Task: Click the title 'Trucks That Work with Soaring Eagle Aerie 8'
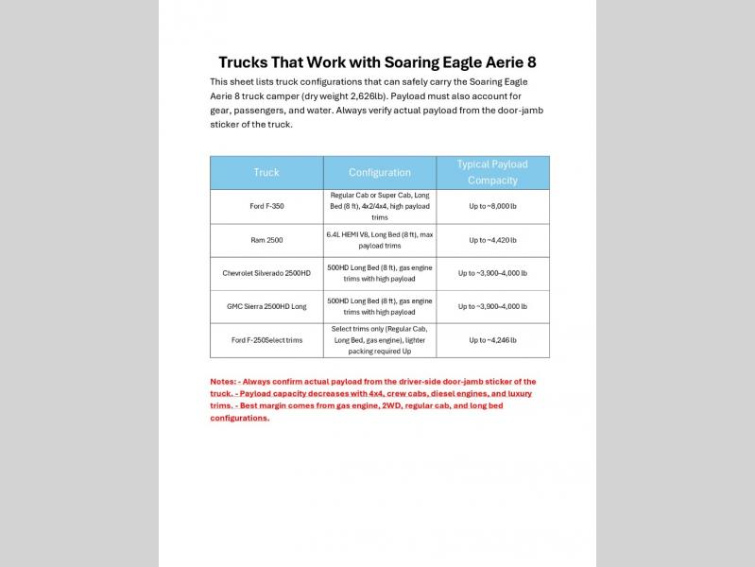click(377, 63)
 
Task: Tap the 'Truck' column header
click(266, 173)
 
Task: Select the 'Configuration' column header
click(379, 173)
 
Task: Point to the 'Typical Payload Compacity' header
click(492, 172)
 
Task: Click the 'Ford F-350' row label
click(266, 206)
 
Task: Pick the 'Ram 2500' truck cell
click(266, 240)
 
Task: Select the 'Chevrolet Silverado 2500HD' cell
click(266, 273)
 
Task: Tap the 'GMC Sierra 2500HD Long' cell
click(266, 306)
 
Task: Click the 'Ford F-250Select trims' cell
click(266, 340)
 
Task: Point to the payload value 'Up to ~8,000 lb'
click(492, 206)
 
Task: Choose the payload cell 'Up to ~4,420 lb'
click(492, 240)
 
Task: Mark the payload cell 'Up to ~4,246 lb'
click(492, 340)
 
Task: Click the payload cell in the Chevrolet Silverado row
click(492, 273)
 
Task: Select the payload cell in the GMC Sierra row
click(492, 306)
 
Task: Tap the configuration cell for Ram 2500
click(379, 240)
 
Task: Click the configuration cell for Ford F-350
click(379, 206)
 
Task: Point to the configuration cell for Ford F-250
click(379, 340)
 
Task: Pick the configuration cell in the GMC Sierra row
click(379, 306)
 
